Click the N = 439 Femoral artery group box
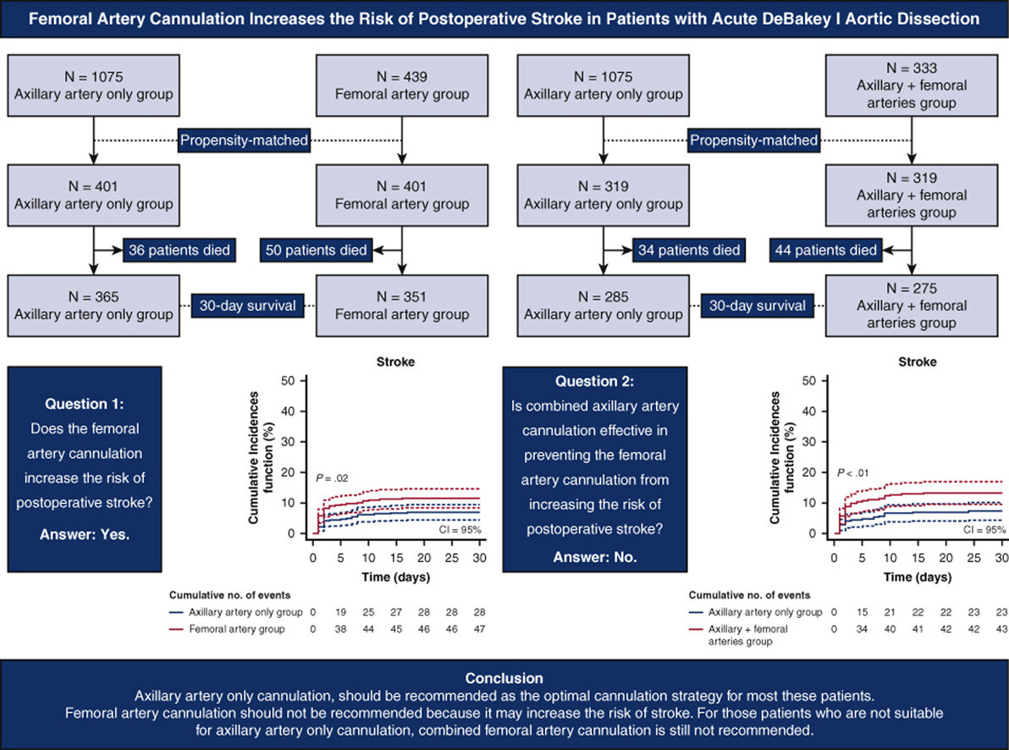point(402,85)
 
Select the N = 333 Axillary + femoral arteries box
point(911,85)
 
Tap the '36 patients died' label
point(179,250)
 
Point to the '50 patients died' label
point(316,250)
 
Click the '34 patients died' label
point(689,250)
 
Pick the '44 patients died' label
point(825,250)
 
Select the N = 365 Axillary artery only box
point(93,306)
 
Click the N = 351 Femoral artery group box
point(402,306)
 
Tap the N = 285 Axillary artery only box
point(603,306)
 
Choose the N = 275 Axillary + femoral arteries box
point(911,306)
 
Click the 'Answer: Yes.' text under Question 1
point(85,534)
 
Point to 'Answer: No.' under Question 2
point(594,557)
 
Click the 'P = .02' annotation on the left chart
point(332,477)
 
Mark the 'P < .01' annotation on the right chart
point(852,473)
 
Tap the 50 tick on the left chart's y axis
point(288,380)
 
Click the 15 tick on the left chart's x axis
point(396,558)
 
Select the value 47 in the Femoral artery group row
point(479,629)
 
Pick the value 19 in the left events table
point(340,612)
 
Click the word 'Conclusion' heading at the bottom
point(504,678)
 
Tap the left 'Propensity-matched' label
point(244,141)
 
